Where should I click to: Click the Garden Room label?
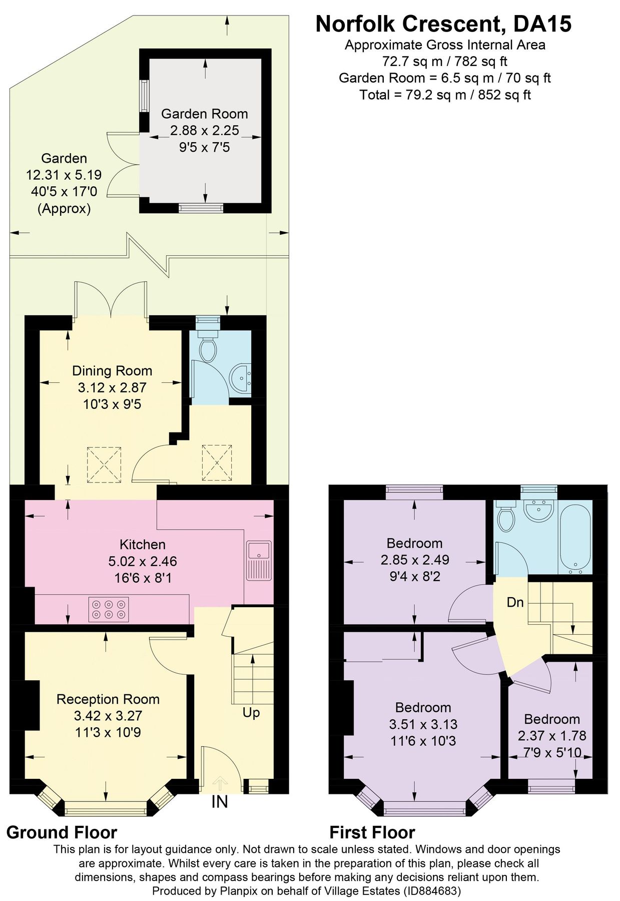(204, 114)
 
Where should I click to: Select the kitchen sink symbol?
(259, 561)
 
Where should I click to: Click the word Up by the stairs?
(251, 712)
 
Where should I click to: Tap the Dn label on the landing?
(515, 602)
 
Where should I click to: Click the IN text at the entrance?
(219, 802)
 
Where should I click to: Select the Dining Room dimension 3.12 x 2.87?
(112, 387)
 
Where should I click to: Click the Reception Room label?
(108, 699)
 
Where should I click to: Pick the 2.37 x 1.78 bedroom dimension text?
(552, 736)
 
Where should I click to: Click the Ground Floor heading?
(62, 832)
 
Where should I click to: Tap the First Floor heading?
(372, 832)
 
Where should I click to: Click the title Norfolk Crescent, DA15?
(443, 24)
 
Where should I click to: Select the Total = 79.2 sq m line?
(445, 95)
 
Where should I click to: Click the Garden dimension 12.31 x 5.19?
(64, 175)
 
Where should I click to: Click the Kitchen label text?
(142, 544)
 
